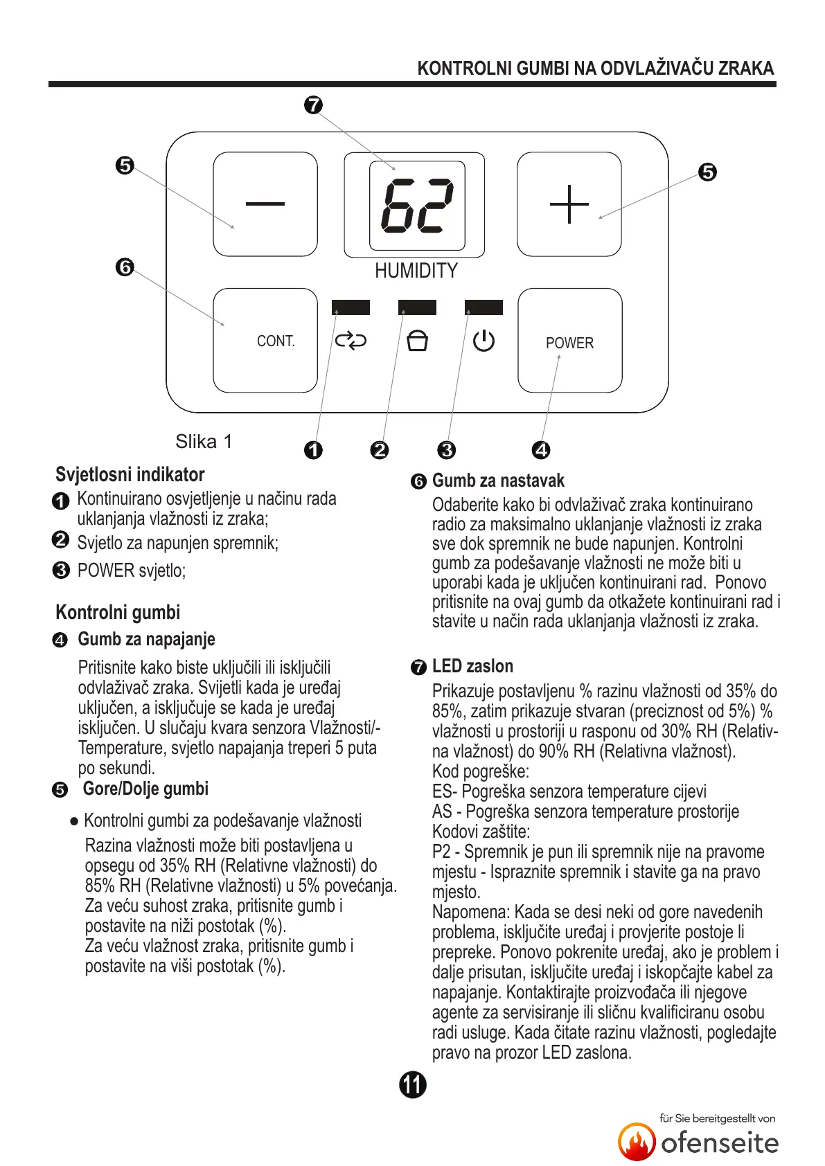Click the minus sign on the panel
coord(265,204)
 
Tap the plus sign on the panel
coord(569,204)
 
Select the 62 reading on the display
coord(417,206)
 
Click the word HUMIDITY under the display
coord(416,271)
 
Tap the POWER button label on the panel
coord(569,343)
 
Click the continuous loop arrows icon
coord(351,341)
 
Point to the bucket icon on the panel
coord(417,341)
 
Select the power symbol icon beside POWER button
coord(484,341)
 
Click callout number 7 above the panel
coord(313,105)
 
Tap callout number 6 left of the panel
coord(125,267)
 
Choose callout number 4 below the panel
coord(541,450)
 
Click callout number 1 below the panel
coord(313,450)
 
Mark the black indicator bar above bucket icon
coord(417,307)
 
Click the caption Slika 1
coord(204,442)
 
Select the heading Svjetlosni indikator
coord(130,474)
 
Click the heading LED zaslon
coord(472,666)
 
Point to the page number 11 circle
coord(413,1084)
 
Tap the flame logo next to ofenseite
coord(637,1142)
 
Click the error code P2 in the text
coord(441,852)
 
